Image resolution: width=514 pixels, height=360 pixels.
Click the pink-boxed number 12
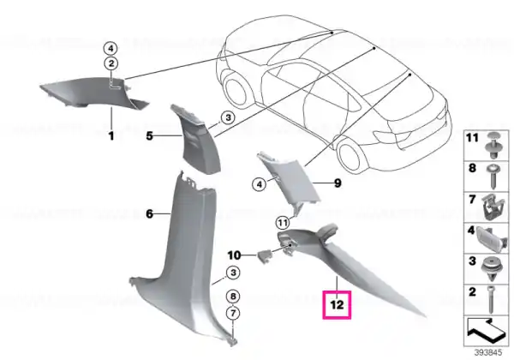coord(337,305)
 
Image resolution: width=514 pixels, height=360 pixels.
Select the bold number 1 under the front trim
coord(111,135)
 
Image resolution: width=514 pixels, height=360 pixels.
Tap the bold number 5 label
coord(149,135)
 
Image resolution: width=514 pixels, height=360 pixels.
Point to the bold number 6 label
coord(149,214)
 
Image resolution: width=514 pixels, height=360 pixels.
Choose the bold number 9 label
coord(338,183)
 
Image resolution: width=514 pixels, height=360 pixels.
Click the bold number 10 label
coord(234,255)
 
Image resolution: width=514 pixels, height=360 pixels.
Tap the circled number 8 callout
coord(233,297)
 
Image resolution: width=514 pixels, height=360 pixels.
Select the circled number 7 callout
coord(233,313)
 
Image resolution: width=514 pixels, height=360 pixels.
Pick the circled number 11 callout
coord(283,223)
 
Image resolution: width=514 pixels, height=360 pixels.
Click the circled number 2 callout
coord(111,63)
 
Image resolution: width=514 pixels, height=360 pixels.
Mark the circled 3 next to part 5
coord(228,117)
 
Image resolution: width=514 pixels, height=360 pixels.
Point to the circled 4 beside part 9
coord(260,184)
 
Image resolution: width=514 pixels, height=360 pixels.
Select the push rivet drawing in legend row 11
coord(493,146)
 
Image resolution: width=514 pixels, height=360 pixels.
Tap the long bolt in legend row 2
coord(491,299)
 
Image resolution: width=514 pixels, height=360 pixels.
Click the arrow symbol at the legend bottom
coord(486,328)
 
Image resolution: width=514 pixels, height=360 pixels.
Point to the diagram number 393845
coord(488,353)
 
